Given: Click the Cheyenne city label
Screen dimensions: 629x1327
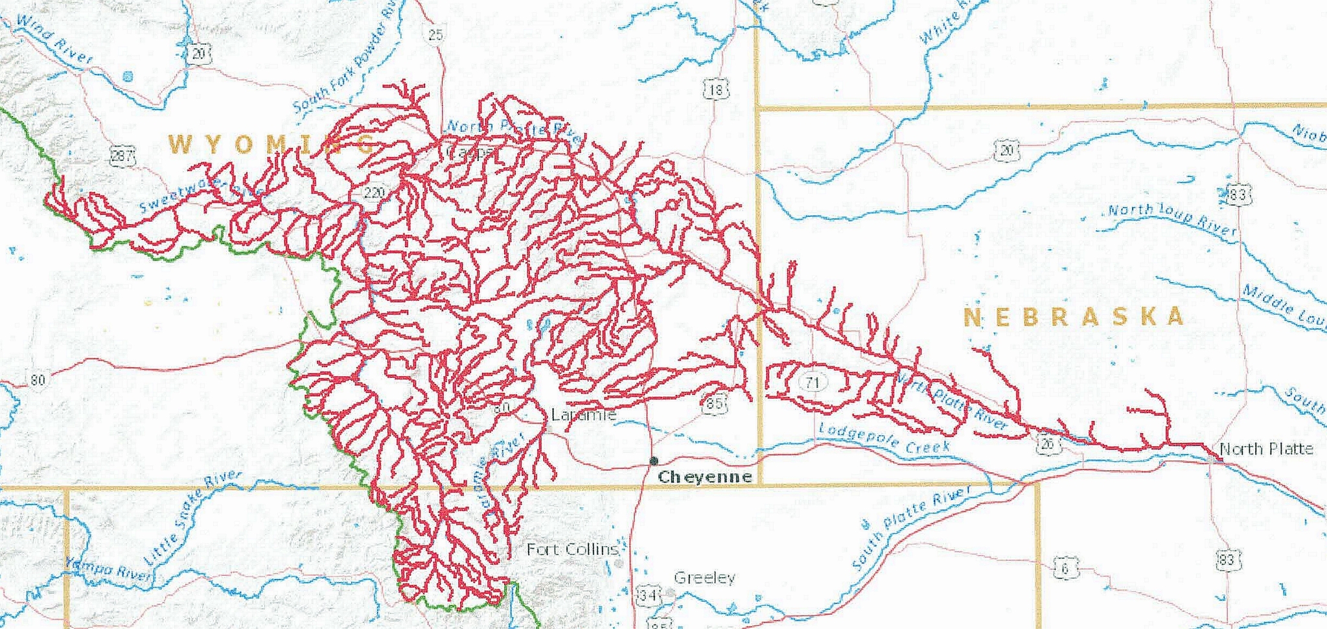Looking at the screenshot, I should point(705,477).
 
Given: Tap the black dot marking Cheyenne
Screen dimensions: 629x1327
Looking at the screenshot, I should point(654,461).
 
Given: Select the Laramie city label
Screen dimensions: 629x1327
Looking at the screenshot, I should point(583,414).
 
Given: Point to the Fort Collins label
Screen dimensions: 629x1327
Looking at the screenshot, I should point(572,549).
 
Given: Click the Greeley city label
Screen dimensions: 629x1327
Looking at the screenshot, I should point(704,577).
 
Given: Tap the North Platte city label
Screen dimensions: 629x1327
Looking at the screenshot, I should point(1265,449).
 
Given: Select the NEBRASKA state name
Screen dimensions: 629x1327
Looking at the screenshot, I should point(1074,317).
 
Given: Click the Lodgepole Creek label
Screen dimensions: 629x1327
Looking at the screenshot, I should point(884,438).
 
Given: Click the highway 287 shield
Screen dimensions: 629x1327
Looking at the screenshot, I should point(122,156).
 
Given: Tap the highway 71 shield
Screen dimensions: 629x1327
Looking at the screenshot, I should point(813,382).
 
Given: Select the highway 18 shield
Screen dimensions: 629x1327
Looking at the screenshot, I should point(715,89).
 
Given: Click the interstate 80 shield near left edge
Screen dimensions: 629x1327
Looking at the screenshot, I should point(38,379).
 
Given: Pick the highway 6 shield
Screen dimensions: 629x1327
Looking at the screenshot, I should point(1064,569).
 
